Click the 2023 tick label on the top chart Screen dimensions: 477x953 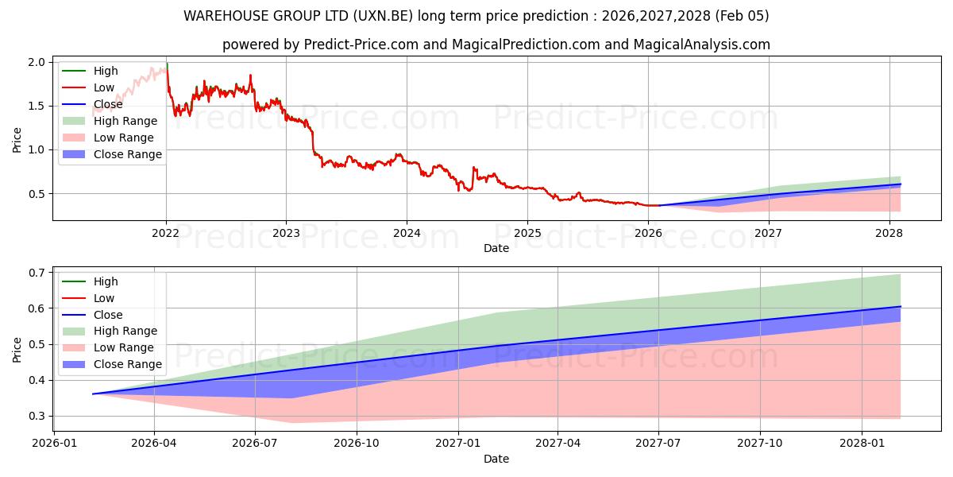pyautogui.click(x=286, y=233)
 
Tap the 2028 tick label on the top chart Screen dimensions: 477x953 pyautogui.click(x=889, y=233)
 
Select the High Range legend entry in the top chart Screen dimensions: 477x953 pyautogui.click(x=125, y=121)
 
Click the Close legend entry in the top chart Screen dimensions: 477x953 pyautogui.click(x=108, y=104)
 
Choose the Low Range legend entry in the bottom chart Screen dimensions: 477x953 pyautogui.click(x=124, y=347)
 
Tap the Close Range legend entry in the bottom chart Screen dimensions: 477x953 pyautogui.click(x=127, y=364)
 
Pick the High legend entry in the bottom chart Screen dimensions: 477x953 pyautogui.click(x=106, y=281)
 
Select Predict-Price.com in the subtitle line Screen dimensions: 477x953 pyautogui.click(x=361, y=45)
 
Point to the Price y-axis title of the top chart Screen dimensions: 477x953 pyautogui.click(x=17, y=139)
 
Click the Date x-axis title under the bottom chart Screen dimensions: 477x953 pyautogui.click(x=496, y=459)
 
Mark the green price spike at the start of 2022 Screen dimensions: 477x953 pyautogui.click(x=167, y=65)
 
